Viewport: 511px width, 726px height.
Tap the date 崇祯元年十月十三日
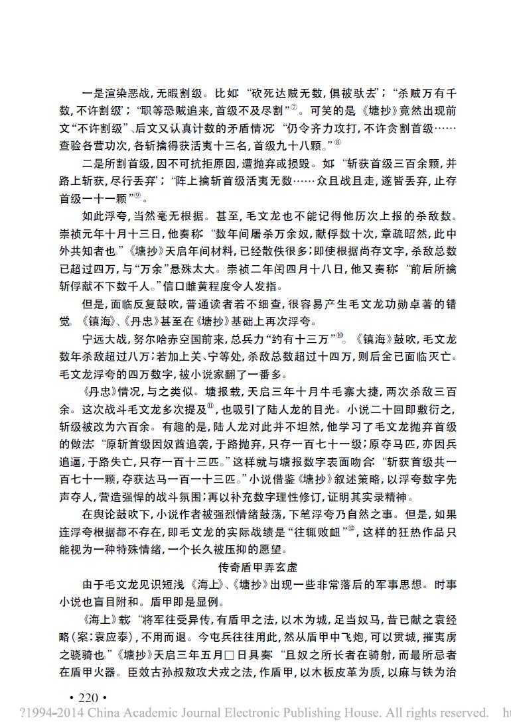click(x=117, y=233)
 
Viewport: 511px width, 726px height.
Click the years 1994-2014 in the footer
click(x=49, y=713)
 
